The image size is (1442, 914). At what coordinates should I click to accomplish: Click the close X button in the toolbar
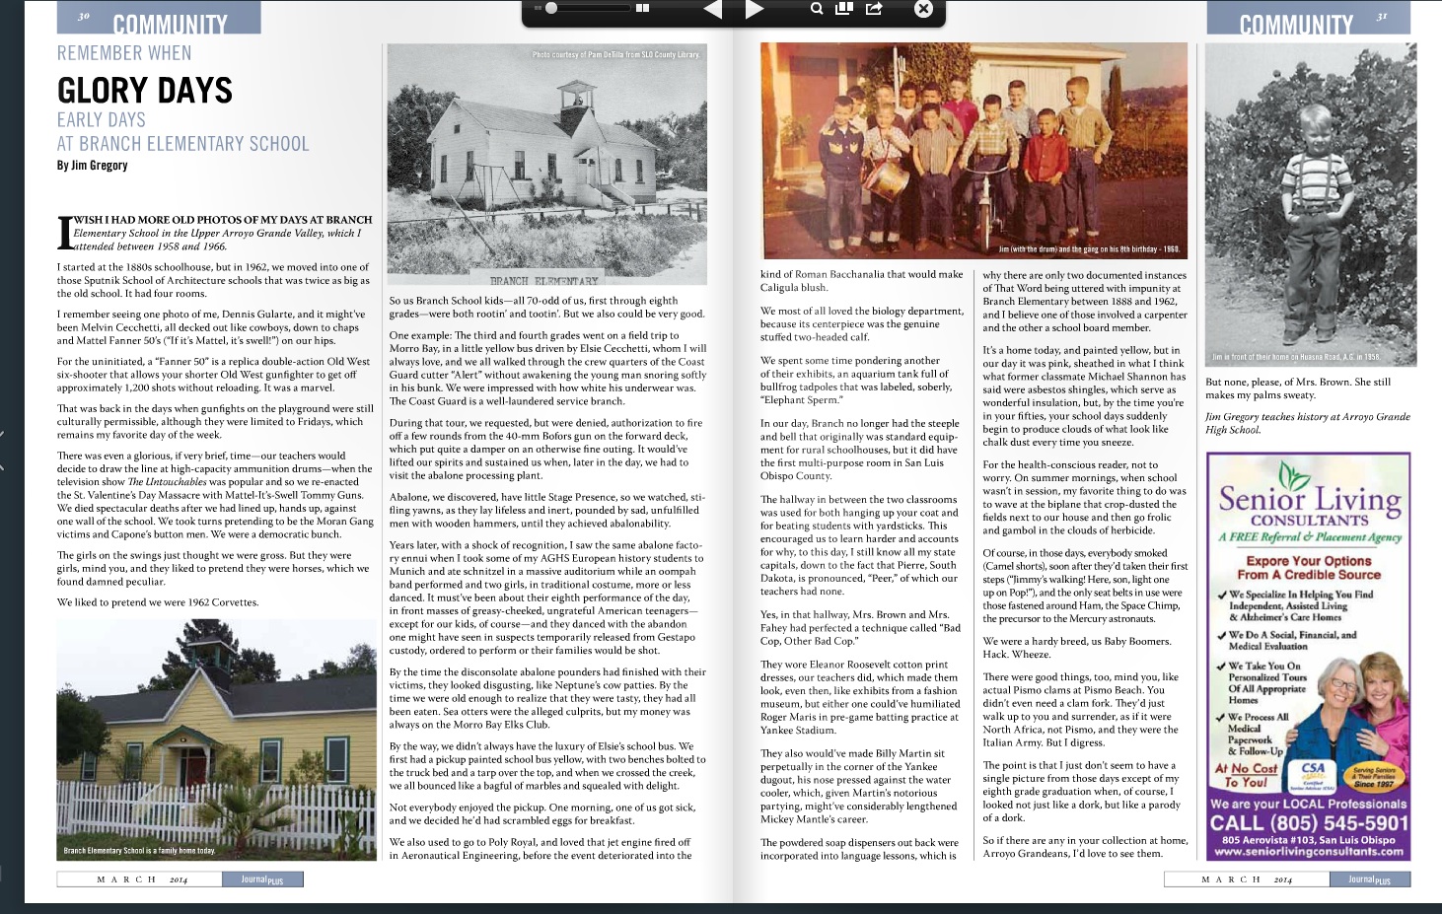[x=923, y=9]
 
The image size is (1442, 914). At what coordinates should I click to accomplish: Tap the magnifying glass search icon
[x=817, y=9]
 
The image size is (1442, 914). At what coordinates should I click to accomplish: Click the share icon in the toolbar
[x=874, y=9]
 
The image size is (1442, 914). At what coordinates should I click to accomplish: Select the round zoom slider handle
[x=551, y=8]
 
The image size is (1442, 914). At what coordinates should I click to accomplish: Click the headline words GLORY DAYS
[x=145, y=91]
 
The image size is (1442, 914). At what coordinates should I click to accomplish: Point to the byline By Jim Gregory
[x=92, y=165]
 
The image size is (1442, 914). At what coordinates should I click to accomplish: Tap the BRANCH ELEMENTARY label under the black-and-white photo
[x=544, y=281]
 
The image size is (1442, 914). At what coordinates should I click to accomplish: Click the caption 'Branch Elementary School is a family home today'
[x=139, y=850]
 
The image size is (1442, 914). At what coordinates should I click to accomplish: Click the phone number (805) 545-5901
[x=1309, y=823]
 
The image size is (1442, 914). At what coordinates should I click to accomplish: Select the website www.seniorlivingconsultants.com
[x=1309, y=851]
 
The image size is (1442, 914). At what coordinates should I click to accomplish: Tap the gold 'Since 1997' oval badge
[x=1374, y=777]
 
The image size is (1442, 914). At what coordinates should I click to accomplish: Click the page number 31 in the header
[x=1382, y=17]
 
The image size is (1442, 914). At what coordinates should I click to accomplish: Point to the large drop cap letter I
[x=65, y=233]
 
